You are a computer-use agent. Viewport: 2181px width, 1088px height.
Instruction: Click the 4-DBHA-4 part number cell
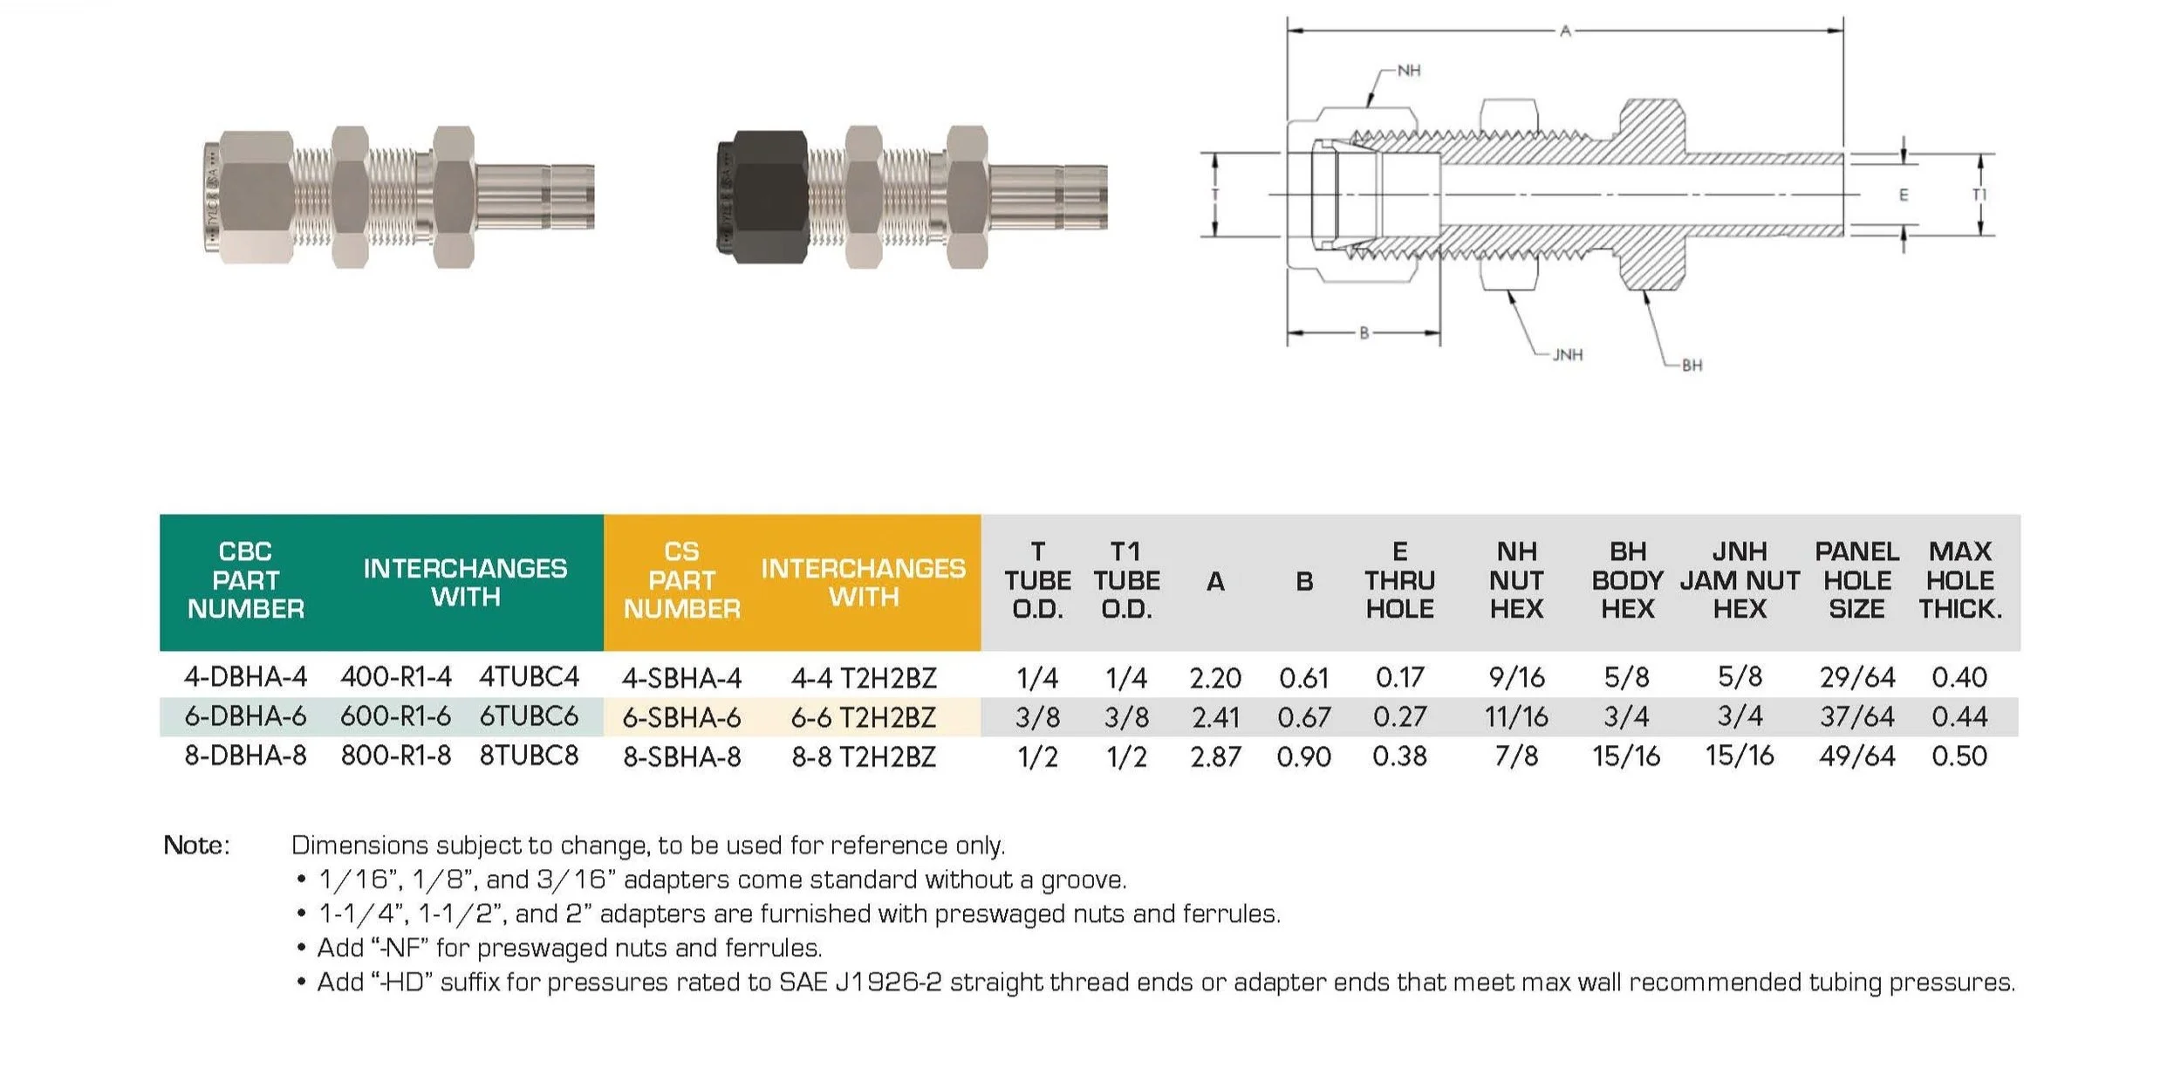pyautogui.click(x=245, y=676)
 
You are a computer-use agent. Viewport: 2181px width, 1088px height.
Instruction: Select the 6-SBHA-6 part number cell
pyautogui.click(x=681, y=717)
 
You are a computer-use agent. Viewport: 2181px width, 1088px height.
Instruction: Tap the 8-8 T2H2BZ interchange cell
pyautogui.click(x=864, y=756)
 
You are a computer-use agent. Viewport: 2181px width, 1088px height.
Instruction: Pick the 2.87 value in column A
pyautogui.click(x=1215, y=756)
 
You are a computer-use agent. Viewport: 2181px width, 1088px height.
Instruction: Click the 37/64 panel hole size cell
pyautogui.click(x=1856, y=716)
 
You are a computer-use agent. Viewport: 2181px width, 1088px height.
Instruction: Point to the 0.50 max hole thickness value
pyautogui.click(x=1959, y=756)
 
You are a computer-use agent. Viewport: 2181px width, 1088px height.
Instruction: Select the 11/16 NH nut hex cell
pyautogui.click(x=1516, y=716)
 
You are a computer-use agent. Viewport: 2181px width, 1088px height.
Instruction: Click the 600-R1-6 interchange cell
pyautogui.click(x=395, y=716)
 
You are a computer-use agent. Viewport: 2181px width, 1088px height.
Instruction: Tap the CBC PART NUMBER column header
pyautogui.click(x=246, y=580)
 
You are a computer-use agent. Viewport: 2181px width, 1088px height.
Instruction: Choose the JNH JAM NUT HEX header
pyautogui.click(x=1740, y=580)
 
